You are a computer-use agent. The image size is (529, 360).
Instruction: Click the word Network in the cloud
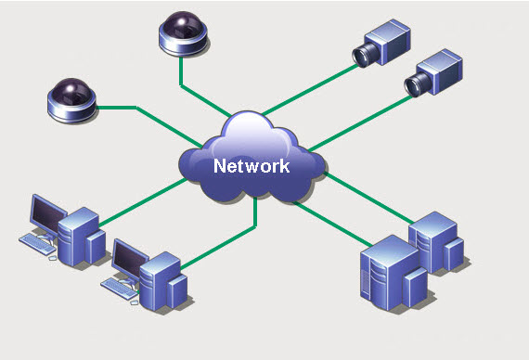click(x=252, y=166)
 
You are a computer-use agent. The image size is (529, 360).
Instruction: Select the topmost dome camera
click(x=183, y=33)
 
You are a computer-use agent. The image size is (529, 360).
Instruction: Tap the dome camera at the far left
click(x=72, y=100)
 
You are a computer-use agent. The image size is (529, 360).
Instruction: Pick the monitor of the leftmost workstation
click(x=48, y=214)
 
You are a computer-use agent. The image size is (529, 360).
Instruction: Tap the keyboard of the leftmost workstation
click(x=37, y=244)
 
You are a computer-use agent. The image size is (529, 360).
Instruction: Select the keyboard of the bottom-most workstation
click(x=120, y=289)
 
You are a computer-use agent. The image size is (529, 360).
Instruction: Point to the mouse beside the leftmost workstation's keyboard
click(x=53, y=258)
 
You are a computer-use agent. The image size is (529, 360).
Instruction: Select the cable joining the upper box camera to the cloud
click(x=310, y=89)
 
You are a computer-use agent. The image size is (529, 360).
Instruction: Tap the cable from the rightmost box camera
click(x=360, y=123)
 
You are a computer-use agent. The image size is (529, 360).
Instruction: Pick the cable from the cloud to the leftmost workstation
click(x=143, y=202)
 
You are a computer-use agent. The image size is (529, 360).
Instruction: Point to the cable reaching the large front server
click(x=332, y=224)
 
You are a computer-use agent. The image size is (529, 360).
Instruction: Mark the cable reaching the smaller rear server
click(x=369, y=198)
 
